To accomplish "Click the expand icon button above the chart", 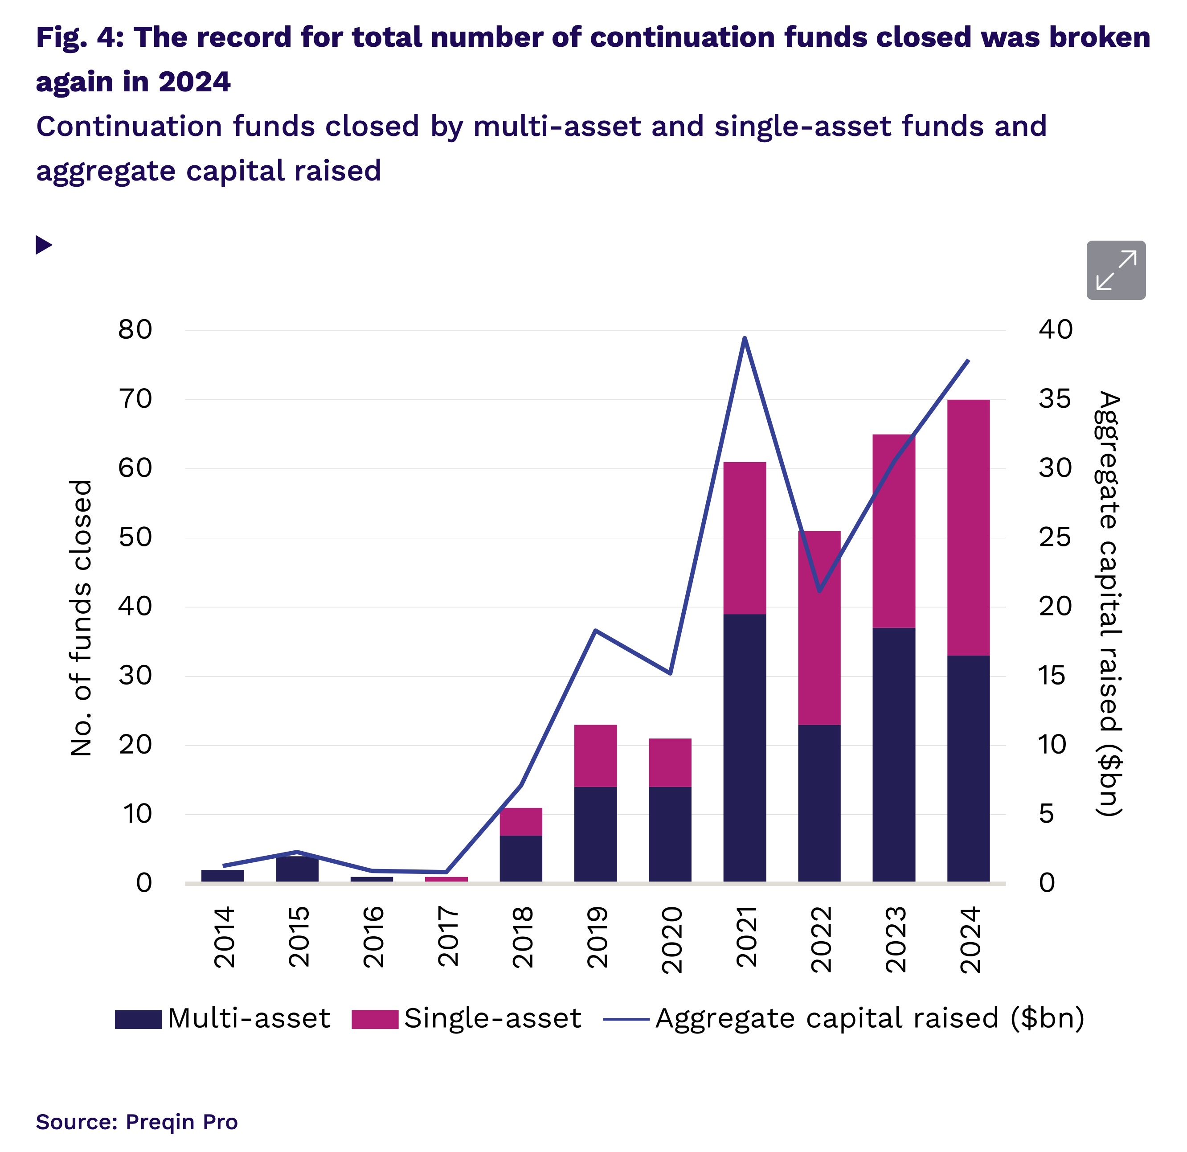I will [1116, 270].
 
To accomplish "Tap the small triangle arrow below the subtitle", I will [44, 245].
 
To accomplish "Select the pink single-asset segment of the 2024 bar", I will [968, 527].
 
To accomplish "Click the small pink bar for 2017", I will [446, 879].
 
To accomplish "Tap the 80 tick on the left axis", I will [135, 330].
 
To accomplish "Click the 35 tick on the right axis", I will [1055, 399].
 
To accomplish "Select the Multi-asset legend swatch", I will [138, 1019].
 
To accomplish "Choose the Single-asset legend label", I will [492, 1019].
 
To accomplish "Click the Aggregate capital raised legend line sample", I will [626, 1019].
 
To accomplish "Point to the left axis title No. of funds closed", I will [81, 618].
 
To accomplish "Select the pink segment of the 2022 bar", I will [819, 627].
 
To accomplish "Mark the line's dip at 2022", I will [819, 590].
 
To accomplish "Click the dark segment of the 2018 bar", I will [521, 858].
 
